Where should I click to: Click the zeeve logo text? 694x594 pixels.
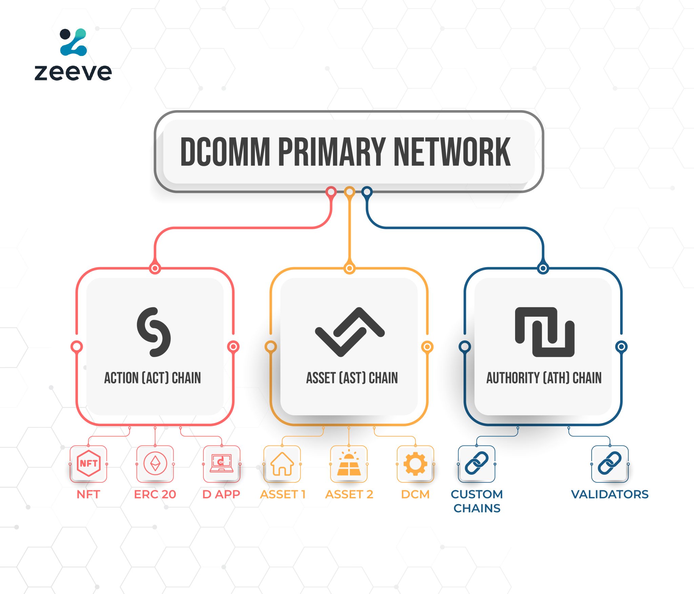pos(73,72)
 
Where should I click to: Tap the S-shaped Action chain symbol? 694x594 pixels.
pos(154,332)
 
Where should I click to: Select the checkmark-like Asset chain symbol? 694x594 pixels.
pos(349,332)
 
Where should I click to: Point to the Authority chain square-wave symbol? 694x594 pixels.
pos(545,332)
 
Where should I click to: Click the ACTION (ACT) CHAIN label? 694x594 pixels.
pos(152,378)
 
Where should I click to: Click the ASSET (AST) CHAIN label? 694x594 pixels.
pos(352,378)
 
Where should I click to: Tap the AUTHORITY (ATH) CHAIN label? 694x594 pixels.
pos(544,378)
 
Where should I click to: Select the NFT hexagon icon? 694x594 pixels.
pos(88,463)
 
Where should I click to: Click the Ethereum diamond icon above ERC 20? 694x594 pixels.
pos(155,463)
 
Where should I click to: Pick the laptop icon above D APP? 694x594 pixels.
pos(222,463)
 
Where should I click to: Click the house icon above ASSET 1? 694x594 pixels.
pos(282,464)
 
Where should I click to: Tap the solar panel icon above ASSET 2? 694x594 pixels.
pos(349,463)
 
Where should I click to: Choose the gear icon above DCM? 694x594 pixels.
pos(415,463)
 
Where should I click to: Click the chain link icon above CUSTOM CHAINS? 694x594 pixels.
pos(476,463)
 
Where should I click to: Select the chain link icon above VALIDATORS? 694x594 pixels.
pos(610,463)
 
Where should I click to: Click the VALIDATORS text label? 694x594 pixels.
pos(610,494)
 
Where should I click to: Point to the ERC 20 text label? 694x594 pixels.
pos(155,494)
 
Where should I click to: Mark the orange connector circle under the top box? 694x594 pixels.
pos(349,192)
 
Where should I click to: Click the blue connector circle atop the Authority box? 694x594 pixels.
pos(543,269)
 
